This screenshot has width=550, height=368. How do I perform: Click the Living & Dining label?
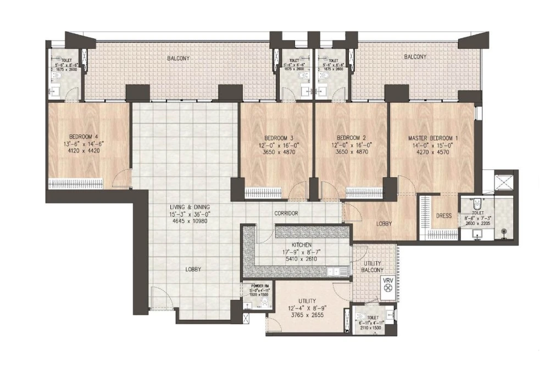[189, 207]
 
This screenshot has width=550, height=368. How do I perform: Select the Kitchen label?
[302, 245]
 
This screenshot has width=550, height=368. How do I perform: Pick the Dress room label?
[443, 216]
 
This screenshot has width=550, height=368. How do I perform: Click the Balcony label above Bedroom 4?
[179, 58]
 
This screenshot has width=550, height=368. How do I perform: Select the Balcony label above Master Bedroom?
[415, 56]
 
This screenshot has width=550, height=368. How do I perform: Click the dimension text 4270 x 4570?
[432, 152]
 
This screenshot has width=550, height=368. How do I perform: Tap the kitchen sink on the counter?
[335, 271]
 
